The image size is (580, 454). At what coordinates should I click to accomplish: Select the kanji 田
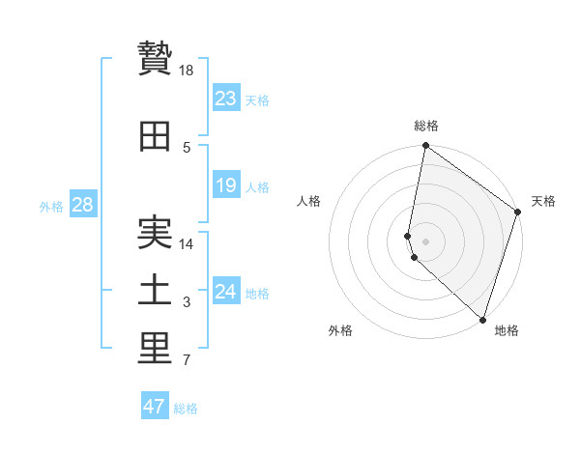click(x=155, y=136)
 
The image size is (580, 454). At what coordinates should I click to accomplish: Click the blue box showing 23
click(x=226, y=99)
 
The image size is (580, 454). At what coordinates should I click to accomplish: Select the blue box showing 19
click(x=226, y=185)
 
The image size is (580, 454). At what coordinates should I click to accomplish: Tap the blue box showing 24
click(x=226, y=292)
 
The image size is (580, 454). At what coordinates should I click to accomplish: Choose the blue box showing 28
click(x=82, y=205)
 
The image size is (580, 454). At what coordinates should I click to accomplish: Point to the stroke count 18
click(x=188, y=71)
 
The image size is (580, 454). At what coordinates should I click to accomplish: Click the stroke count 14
click(x=188, y=244)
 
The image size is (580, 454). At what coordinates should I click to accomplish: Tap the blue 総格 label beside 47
click(x=187, y=409)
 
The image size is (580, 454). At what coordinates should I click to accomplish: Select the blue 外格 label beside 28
click(x=51, y=207)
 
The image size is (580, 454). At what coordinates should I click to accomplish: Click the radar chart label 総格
click(x=426, y=126)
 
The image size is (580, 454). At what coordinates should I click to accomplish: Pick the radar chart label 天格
click(x=543, y=201)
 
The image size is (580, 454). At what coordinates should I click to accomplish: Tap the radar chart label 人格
click(x=309, y=201)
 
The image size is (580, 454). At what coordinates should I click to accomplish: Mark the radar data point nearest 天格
click(x=518, y=213)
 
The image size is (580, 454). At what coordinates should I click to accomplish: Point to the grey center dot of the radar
click(x=426, y=241)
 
